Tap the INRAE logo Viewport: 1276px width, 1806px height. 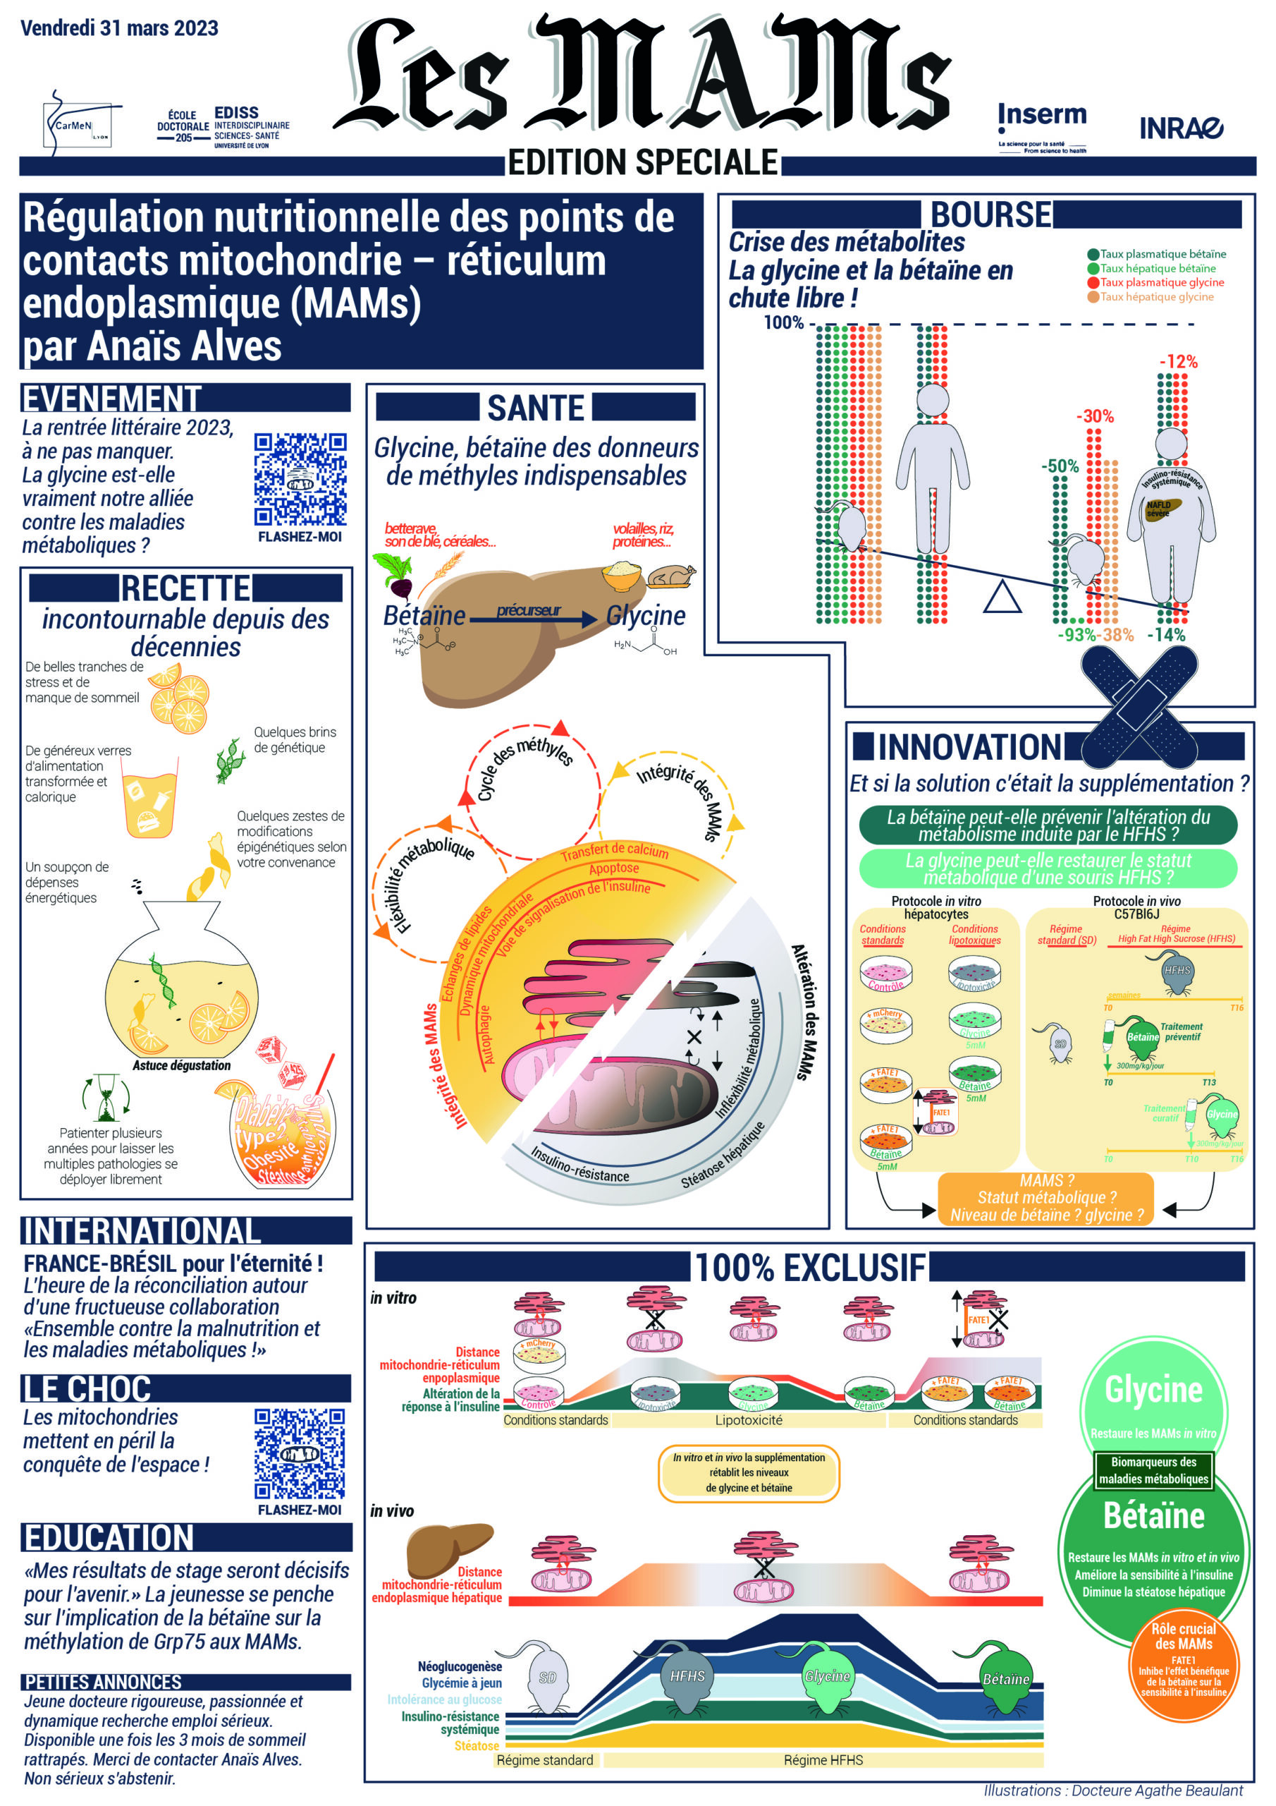pos(1181,128)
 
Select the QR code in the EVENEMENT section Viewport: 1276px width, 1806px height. pos(300,479)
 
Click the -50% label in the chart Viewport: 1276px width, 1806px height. pos(1059,466)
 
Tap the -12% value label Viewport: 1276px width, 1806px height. pos(1178,362)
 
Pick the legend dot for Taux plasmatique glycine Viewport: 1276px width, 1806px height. pos(1092,282)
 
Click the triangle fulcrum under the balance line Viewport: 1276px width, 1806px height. pos(1002,598)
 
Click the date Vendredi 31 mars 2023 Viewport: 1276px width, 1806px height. pos(120,28)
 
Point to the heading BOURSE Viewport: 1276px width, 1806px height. pos(990,214)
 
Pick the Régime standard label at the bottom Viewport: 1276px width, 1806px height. pos(544,1759)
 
